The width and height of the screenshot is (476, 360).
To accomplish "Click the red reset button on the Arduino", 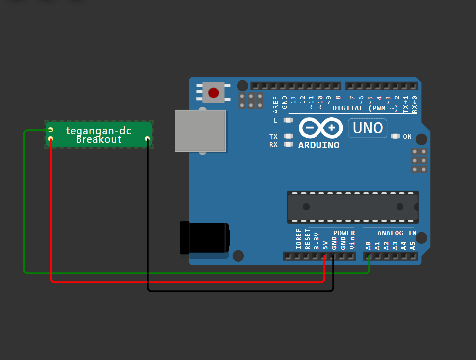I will pyautogui.click(x=214, y=93).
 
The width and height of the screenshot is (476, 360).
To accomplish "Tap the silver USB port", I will pyautogui.click(x=200, y=131).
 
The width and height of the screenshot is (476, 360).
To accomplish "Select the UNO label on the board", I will pyautogui.click(x=368, y=128).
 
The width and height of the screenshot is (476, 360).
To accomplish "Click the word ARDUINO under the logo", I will pyautogui.click(x=319, y=145).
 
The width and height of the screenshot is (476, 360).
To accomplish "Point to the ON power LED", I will pyautogui.click(x=396, y=136).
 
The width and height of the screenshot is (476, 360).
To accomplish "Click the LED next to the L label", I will pyautogui.click(x=288, y=120).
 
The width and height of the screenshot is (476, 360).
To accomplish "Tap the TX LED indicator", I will pyautogui.click(x=288, y=136).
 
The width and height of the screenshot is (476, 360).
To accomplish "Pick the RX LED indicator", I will pyautogui.click(x=288, y=145).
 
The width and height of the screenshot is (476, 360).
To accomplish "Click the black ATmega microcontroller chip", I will pyautogui.click(x=352, y=206).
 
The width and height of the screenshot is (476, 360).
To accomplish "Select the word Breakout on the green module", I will pyautogui.click(x=99, y=140).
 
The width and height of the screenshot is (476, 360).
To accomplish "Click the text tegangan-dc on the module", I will pyautogui.click(x=99, y=130).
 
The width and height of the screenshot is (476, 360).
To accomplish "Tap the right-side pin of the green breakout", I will pyautogui.click(x=147, y=139).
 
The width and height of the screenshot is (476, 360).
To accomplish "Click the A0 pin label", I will pyautogui.click(x=369, y=245).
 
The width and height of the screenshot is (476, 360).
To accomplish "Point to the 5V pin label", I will pyautogui.click(x=325, y=245).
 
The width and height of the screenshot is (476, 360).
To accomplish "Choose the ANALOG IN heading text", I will pyautogui.click(x=397, y=233).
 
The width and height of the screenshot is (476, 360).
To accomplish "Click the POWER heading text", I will pyautogui.click(x=344, y=233).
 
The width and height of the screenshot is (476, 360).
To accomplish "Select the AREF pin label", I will pyautogui.click(x=276, y=102).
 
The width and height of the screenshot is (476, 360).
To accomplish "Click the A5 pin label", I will pyautogui.click(x=413, y=245).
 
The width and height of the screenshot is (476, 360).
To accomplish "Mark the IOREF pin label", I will pyautogui.click(x=299, y=240).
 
